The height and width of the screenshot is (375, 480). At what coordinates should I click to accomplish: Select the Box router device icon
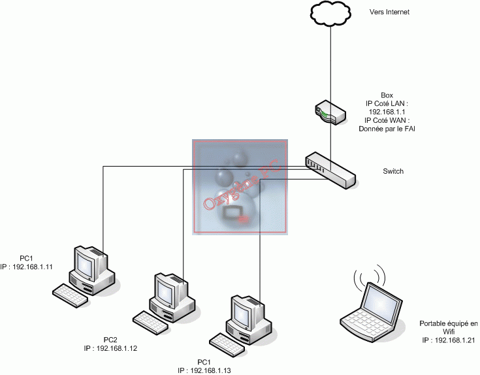[328, 112]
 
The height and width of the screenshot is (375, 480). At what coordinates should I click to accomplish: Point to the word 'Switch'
[393, 172]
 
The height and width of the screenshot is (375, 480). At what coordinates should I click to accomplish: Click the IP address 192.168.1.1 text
[387, 112]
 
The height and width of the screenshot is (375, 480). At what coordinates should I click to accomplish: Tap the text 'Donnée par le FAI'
[387, 129]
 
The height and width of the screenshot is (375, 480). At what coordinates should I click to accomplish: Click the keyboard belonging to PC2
[150, 319]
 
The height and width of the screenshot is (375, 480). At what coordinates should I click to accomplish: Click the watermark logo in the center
[240, 187]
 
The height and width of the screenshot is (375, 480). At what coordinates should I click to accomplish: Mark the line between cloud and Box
[330, 65]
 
